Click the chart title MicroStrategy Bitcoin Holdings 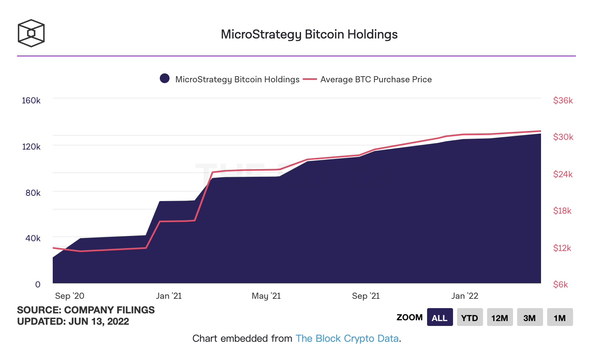(x=309, y=34)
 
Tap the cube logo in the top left (x=31, y=33)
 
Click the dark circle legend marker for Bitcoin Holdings (x=165, y=79)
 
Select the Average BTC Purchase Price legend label (x=376, y=79)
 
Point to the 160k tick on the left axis (x=31, y=101)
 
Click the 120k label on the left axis (x=31, y=147)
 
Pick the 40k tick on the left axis (x=33, y=238)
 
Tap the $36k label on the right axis (x=563, y=101)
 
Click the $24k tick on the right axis (x=563, y=174)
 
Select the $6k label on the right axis (x=560, y=285)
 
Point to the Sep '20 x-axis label (x=70, y=296)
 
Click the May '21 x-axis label (x=266, y=296)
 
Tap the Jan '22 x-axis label (x=465, y=296)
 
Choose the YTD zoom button (x=470, y=317)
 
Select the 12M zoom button (x=500, y=317)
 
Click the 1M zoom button (x=560, y=317)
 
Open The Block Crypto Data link (x=347, y=339)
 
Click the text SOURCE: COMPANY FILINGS (x=86, y=310)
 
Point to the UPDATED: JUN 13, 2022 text (x=73, y=321)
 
